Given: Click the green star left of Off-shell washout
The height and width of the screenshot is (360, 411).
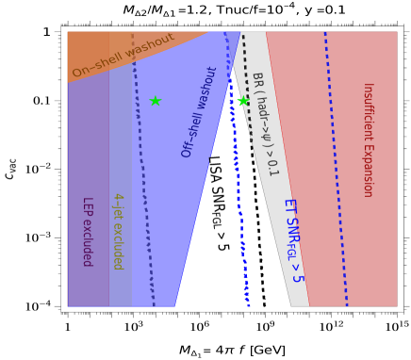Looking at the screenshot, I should click(x=155, y=101).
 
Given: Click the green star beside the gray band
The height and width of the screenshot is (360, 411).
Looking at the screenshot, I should click(x=243, y=101).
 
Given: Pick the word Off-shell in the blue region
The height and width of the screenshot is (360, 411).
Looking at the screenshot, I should click(x=191, y=137).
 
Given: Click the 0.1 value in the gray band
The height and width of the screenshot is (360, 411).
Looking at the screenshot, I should click(x=272, y=166).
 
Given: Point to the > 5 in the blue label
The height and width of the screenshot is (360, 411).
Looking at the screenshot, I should click(x=297, y=272).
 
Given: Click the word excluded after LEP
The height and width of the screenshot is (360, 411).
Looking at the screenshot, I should click(x=86, y=242).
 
